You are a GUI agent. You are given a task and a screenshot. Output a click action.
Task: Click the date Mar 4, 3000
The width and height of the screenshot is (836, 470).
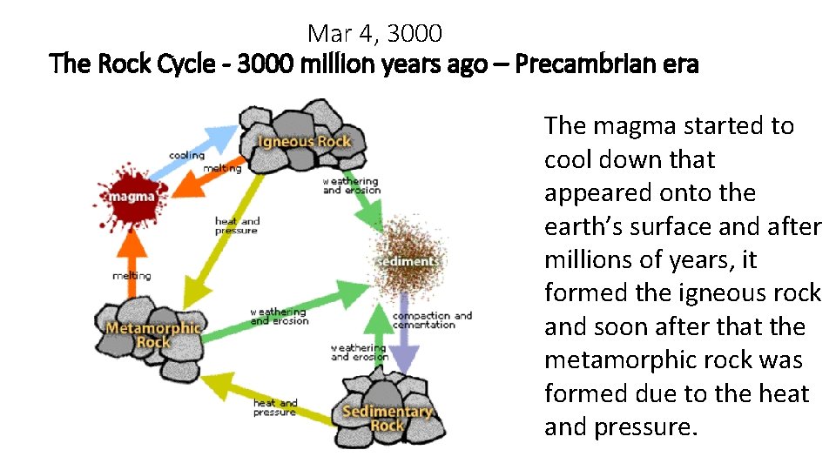[374, 34]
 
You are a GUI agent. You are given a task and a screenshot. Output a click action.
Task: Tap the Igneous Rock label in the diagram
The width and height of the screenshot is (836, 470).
[304, 142]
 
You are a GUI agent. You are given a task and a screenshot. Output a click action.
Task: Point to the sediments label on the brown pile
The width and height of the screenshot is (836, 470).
[408, 261]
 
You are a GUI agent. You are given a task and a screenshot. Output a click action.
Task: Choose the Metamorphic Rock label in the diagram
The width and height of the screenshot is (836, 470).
[152, 335]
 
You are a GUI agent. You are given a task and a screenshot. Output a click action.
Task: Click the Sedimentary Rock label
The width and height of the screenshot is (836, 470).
[388, 418]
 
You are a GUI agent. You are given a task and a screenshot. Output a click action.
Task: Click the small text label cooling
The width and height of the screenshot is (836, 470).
[186, 156]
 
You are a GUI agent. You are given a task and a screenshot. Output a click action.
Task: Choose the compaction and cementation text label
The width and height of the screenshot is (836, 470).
[432, 319]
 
